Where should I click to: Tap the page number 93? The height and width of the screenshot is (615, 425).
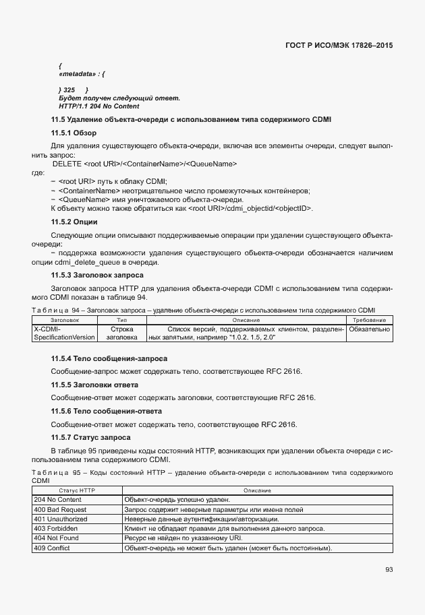pyautogui.click(x=389, y=569)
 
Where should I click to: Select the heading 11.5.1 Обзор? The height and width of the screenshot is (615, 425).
pyautogui.click(x=74, y=133)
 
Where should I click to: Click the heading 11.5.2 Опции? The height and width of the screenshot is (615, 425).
pyautogui.click(x=75, y=222)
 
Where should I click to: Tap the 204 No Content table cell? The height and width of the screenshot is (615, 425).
pyautogui.click(x=57, y=500)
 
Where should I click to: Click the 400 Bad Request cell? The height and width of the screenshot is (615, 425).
pyautogui.click(x=59, y=509)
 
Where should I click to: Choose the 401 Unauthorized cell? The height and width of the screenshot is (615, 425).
pyautogui.click(x=61, y=519)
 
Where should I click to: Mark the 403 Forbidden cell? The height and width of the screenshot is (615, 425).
pyautogui.click(x=55, y=529)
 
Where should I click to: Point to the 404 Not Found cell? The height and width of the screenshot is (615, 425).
pyautogui.click(x=57, y=538)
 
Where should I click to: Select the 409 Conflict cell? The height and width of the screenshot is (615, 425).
pyautogui.click(x=51, y=548)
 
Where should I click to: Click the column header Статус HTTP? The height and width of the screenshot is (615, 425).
pyautogui.click(x=77, y=490)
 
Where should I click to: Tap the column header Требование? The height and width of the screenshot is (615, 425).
pyautogui.click(x=369, y=319)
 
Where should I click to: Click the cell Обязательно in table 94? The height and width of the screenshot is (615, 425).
pyautogui.click(x=369, y=329)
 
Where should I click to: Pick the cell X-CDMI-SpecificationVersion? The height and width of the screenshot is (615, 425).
pyautogui.click(x=65, y=333)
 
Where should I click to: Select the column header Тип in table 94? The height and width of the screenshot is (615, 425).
pyautogui.click(x=121, y=319)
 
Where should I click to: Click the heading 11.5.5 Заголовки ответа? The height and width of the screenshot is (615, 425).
pyautogui.click(x=95, y=384)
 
